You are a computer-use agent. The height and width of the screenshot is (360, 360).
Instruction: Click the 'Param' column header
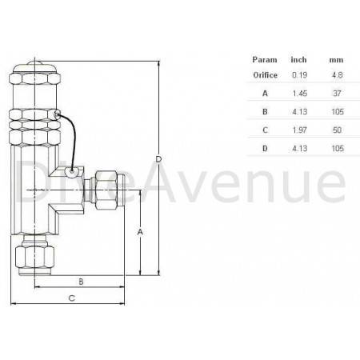pyautogui.click(x=265, y=59)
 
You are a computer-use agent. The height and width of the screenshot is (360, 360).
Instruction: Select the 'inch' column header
pyautogui.click(x=299, y=59)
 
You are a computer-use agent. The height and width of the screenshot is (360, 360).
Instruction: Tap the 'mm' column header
pyautogui.click(x=336, y=59)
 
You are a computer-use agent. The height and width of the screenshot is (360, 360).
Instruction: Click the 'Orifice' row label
pyautogui.click(x=265, y=74)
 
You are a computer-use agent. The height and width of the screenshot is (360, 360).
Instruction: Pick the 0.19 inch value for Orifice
pyautogui.click(x=299, y=74)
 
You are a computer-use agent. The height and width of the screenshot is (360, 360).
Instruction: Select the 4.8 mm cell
pyautogui.click(x=336, y=74)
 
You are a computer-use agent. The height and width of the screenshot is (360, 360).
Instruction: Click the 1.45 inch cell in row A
pyautogui.click(x=299, y=93)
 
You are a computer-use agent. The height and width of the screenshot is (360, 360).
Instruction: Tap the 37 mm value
pyautogui.click(x=336, y=93)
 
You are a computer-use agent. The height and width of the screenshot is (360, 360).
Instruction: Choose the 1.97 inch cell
pyautogui.click(x=299, y=130)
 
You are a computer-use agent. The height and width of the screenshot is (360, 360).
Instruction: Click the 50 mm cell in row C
pyautogui.click(x=336, y=130)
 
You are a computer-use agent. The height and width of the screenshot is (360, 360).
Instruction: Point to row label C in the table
pyautogui.click(x=265, y=130)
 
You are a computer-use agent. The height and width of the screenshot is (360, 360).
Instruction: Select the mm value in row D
pyautogui.click(x=336, y=149)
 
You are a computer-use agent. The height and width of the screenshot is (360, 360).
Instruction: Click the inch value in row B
pyautogui.click(x=299, y=112)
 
